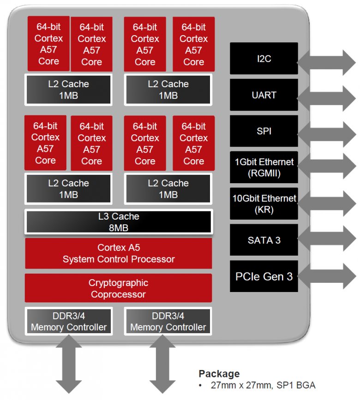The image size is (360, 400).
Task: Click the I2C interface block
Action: click(x=264, y=59)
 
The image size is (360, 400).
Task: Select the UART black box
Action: click(x=264, y=95)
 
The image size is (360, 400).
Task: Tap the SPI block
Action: click(x=264, y=131)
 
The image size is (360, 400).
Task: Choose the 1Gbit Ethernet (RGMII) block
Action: click(x=264, y=167)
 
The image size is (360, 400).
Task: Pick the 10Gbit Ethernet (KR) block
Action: click(x=264, y=203)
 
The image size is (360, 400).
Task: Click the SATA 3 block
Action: click(x=264, y=240)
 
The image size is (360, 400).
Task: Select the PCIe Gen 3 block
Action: click(x=264, y=276)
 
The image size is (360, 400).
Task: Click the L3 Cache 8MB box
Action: click(x=119, y=222)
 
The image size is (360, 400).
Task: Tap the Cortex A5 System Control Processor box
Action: click(x=119, y=253)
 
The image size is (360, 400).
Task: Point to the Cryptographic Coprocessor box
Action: click(x=119, y=288)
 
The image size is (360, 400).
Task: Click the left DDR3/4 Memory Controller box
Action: click(x=68, y=322)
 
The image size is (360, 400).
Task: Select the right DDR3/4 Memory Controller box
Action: click(x=168, y=322)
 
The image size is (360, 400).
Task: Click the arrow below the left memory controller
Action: click(x=68, y=364)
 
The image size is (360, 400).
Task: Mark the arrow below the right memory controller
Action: click(x=162, y=364)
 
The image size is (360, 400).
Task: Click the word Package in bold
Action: click(x=219, y=374)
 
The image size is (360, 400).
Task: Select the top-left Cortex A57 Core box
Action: click(x=48, y=43)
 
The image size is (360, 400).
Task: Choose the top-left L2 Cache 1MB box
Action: click(x=68, y=90)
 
